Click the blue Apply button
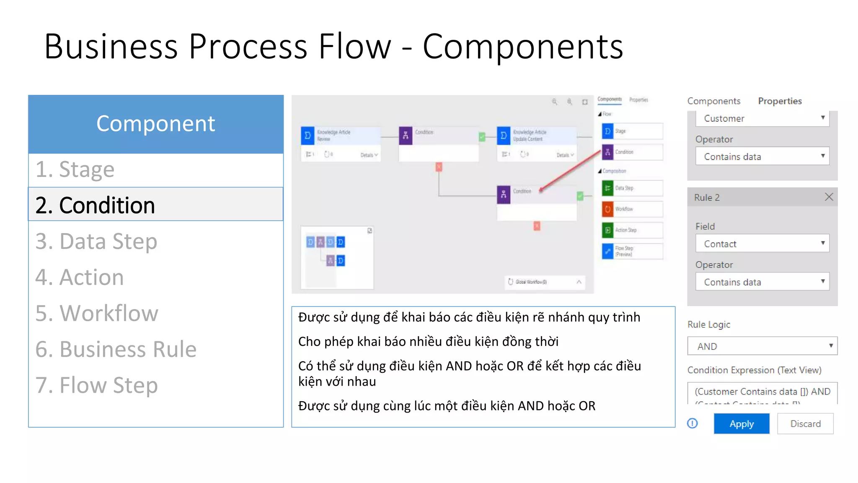click(x=741, y=423)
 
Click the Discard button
click(x=805, y=423)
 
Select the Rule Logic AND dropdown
click(x=762, y=346)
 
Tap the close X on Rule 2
click(x=829, y=197)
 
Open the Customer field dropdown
click(x=762, y=118)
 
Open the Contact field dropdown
click(x=762, y=244)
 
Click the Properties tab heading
click(x=780, y=101)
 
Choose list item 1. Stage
click(x=75, y=169)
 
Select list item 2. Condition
click(x=95, y=205)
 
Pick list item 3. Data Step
click(x=96, y=241)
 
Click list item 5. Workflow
click(x=97, y=313)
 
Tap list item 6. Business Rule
click(x=116, y=349)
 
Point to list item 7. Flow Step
click(x=97, y=385)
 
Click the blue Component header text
click(x=155, y=124)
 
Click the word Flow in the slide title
click(x=354, y=46)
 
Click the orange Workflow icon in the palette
click(x=607, y=209)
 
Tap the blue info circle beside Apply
click(x=693, y=423)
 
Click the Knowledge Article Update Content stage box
click(x=536, y=143)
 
